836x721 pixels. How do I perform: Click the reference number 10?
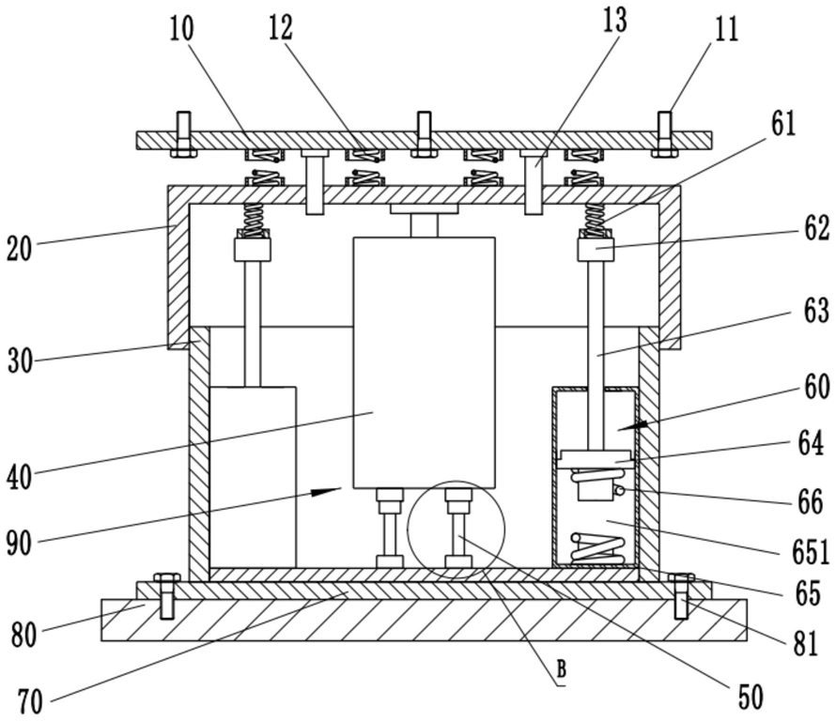181,29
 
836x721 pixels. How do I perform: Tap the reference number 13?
613,21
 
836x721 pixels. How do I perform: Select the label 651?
810,552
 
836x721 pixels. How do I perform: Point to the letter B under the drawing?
561,668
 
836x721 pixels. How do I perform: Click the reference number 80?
24,635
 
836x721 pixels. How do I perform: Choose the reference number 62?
815,229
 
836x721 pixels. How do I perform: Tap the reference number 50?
751,697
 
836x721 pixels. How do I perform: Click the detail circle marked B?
456,529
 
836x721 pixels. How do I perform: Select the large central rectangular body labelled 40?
424,362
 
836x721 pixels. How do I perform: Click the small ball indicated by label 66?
620,491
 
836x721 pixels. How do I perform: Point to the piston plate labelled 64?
595,459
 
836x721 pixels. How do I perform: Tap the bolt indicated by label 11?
664,134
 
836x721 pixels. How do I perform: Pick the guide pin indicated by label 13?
534,182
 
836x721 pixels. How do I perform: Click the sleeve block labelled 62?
596,249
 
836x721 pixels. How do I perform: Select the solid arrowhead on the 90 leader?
326,492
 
